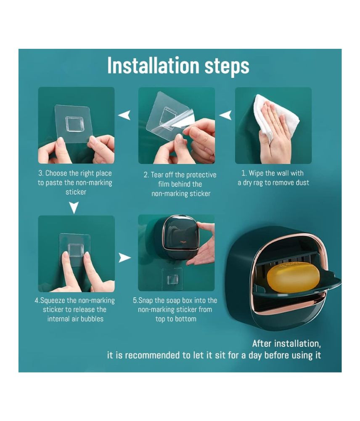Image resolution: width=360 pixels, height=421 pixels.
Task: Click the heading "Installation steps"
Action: [x=178, y=66]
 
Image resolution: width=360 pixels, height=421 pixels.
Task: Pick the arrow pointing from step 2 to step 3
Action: [x=124, y=115]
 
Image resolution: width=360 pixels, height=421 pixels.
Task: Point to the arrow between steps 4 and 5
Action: [x=125, y=258]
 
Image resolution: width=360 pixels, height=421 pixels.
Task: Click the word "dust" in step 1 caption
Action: [x=302, y=183]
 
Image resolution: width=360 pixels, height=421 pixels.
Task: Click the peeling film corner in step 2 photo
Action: [x=175, y=122]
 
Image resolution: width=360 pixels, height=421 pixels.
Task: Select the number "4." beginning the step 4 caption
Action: [x=37, y=301]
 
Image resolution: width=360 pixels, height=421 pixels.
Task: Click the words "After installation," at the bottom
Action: [x=286, y=344]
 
